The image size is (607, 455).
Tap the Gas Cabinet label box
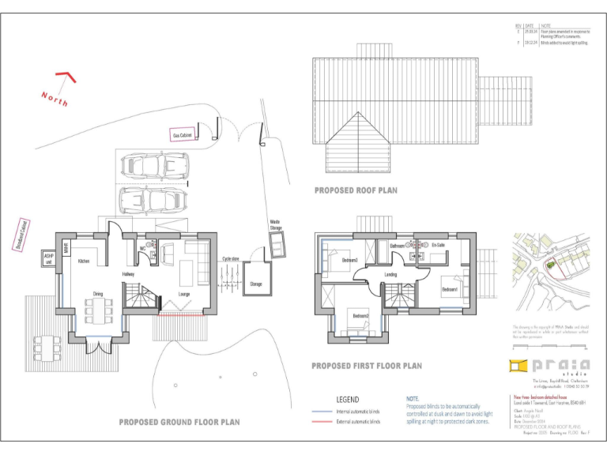(183, 136)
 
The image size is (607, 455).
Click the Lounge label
(184, 295)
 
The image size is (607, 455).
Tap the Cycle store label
(231, 258)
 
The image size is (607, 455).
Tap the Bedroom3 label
(349, 260)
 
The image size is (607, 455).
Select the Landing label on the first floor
(390, 275)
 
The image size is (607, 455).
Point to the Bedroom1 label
(449, 289)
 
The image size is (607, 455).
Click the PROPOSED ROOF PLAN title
(356, 190)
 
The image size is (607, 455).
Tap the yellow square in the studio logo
(518, 364)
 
